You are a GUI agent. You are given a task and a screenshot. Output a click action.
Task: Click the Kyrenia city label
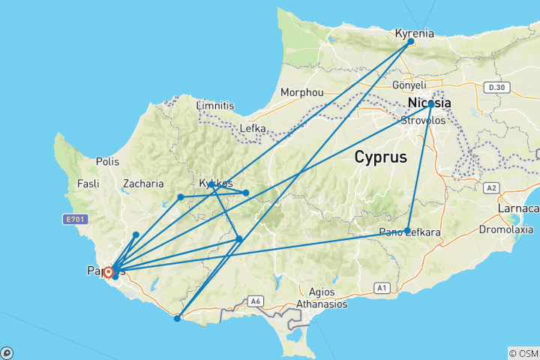pos(415,32)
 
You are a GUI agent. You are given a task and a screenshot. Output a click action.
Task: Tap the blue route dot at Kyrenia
pos(411,42)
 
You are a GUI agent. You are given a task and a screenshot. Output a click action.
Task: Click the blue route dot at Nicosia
pos(431,104)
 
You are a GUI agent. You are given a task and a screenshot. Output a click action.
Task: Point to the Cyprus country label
pos(380,157)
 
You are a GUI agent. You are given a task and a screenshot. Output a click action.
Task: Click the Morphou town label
pos(301,92)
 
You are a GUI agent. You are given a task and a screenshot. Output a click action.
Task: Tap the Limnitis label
pos(214,106)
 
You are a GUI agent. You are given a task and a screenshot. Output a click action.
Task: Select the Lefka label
pos(253,128)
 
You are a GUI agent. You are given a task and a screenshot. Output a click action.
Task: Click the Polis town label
pos(108,160)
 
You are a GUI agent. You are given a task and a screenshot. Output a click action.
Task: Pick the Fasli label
pos(89,183)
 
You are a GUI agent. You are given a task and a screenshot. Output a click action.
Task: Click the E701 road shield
pos(74,219)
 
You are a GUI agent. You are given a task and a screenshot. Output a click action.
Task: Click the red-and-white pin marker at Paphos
pos(108,271)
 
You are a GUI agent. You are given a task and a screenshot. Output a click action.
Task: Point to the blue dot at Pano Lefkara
pos(407,231)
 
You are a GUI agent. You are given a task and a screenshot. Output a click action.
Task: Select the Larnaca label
pos(522,208)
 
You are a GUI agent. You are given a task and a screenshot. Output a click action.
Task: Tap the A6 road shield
pos(256,301)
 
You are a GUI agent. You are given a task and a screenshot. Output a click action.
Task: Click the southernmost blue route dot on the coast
pos(177,319)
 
